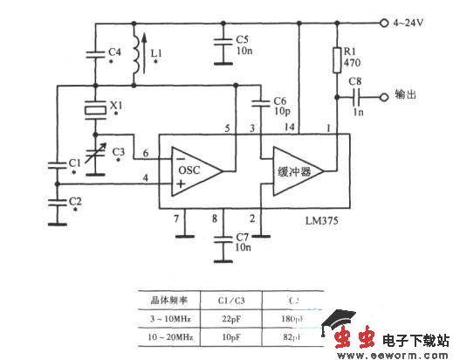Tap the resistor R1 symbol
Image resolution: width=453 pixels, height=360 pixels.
click(x=337, y=59)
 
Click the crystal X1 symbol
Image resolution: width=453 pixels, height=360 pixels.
click(x=93, y=110)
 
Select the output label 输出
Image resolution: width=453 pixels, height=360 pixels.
click(x=407, y=96)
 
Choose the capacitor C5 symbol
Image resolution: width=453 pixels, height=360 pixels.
click(x=218, y=45)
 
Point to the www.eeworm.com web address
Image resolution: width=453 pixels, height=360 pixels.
click(x=393, y=354)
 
